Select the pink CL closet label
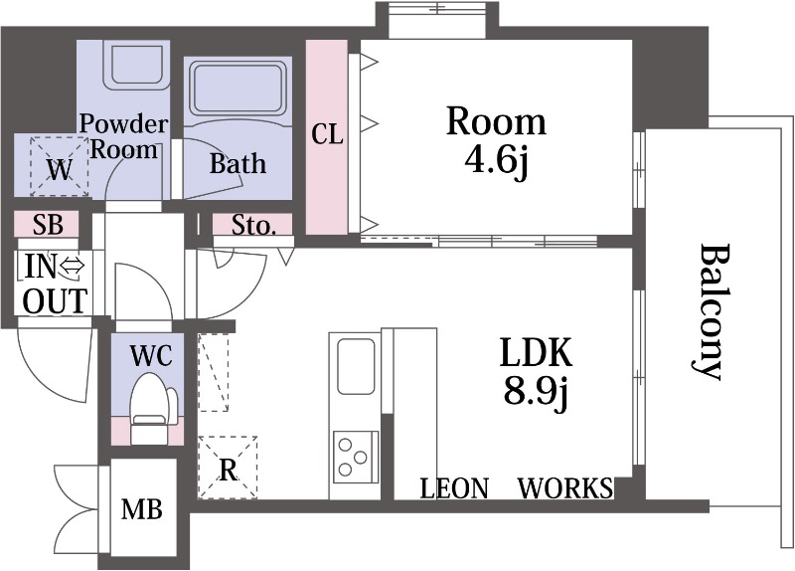(x=327, y=134)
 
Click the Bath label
(x=238, y=163)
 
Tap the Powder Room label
(x=123, y=137)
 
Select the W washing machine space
(x=60, y=165)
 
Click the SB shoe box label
(x=48, y=225)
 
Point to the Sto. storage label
(x=254, y=226)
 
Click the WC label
(x=152, y=356)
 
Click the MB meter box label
(x=142, y=508)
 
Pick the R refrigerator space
(x=229, y=467)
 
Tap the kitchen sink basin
(x=356, y=366)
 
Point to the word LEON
(x=455, y=488)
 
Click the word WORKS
(x=565, y=488)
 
